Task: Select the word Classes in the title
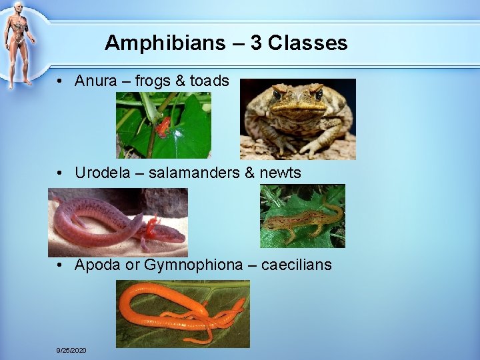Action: tap(308, 43)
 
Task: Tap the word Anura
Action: tap(94, 81)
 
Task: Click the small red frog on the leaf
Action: tap(162, 126)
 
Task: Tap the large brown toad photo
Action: tap(297, 119)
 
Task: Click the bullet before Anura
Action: tap(60, 82)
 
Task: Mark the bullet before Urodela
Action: tap(60, 173)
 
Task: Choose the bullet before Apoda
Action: tap(60, 265)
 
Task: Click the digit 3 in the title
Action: tap(256, 43)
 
